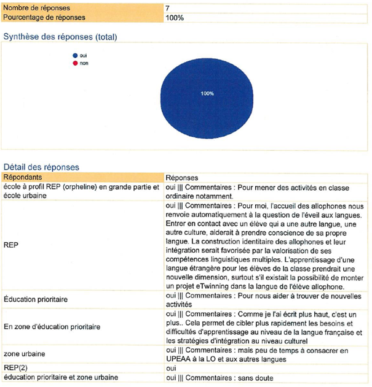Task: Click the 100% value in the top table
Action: (175, 17)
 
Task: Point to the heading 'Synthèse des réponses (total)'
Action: (61, 37)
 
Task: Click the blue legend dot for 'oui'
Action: (75, 55)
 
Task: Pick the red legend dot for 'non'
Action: (75, 63)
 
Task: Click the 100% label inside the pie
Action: (207, 93)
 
